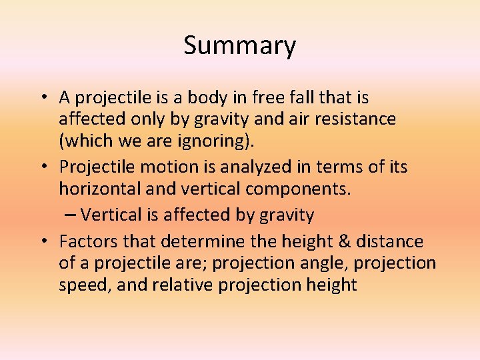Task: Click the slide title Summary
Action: pyautogui.click(x=239, y=46)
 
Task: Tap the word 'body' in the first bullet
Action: pyautogui.click(x=207, y=98)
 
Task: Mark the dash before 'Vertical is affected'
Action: pyautogui.click(x=71, y=215)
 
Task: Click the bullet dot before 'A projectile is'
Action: pyautogui.click(x=42, y=98)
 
